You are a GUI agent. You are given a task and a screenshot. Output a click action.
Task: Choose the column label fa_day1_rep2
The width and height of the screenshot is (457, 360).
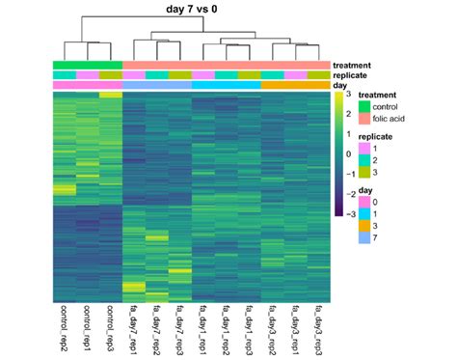[223, 328]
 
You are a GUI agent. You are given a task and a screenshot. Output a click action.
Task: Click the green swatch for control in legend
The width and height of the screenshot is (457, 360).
[364, 106]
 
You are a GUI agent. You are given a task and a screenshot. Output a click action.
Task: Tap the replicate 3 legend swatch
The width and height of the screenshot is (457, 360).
[364, 174]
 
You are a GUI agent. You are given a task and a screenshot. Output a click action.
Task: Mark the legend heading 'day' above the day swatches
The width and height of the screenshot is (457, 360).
[366, 190]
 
